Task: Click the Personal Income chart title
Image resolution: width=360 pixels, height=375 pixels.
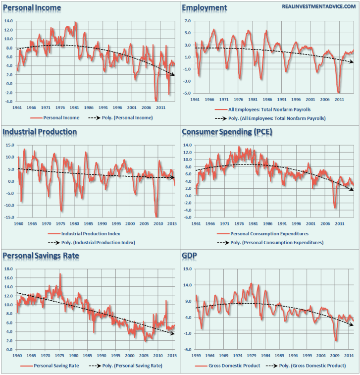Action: coord(32,7)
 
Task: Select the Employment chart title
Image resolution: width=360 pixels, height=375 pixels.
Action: coord(205,7)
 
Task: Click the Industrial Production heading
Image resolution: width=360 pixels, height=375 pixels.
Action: coord(40,132)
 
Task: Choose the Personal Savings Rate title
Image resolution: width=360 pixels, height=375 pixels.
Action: coord(41,256)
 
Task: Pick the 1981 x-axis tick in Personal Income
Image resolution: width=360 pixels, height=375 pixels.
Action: coord(75,107)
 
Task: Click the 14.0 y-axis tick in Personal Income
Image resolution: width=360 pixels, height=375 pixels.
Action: coord(9,21)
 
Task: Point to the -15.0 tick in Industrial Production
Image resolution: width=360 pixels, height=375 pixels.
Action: coord(9,217)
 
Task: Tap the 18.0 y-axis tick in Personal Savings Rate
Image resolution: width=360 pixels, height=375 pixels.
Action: coord(9,269)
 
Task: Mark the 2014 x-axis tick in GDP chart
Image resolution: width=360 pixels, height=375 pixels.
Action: coord(348,355)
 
